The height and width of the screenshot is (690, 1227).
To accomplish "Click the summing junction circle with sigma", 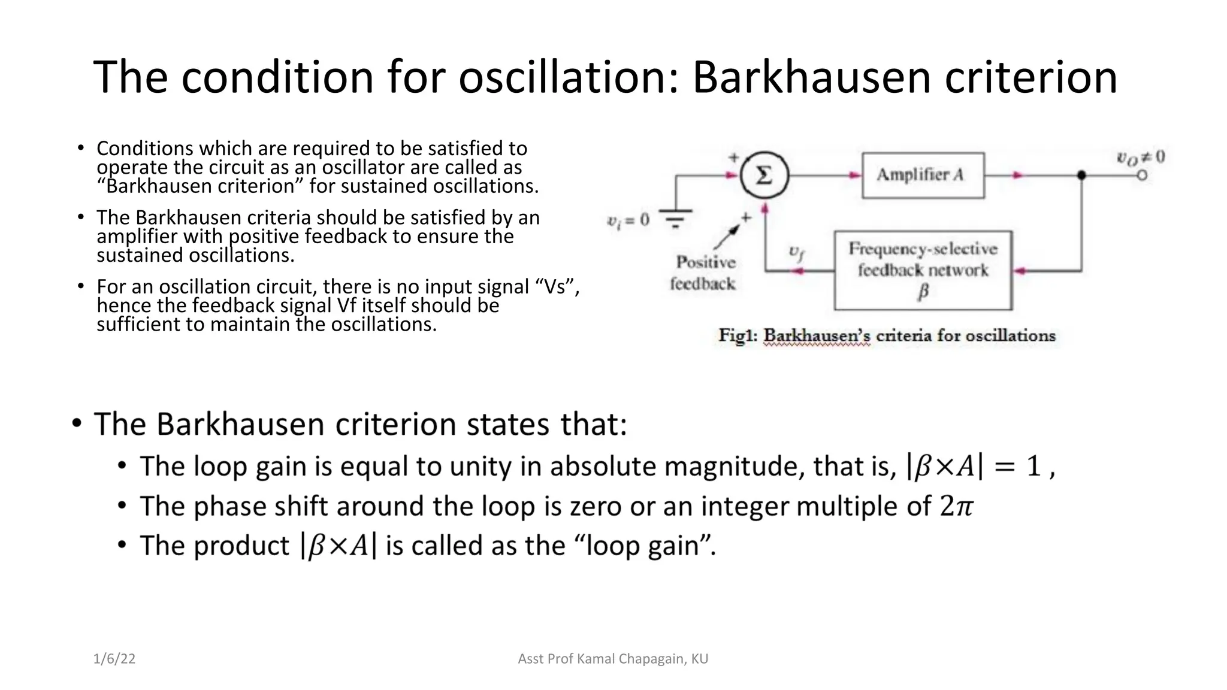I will pos(764,175).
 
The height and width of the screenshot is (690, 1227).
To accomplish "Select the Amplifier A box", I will pos(923,175).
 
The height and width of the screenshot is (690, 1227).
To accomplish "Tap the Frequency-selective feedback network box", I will pos(923,270).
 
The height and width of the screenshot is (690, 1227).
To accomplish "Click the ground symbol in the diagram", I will pos(675,219).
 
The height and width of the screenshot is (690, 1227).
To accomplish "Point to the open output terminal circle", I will pos(1142,175).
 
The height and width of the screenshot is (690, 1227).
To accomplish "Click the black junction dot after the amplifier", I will pos(1081,175).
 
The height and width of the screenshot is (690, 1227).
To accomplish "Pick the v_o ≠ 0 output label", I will pos(1140,158).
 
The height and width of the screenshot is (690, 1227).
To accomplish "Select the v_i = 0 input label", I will pos(628,220).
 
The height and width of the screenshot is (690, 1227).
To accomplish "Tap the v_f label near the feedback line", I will pos(796,252).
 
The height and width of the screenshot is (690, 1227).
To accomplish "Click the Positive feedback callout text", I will pos(703,273).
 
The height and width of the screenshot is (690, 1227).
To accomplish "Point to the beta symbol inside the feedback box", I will pos(923,292).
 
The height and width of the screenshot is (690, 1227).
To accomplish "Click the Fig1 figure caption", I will pos(887,335).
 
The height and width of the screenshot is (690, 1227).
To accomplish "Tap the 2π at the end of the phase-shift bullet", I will pos(956,506).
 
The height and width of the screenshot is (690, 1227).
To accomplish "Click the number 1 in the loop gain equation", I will pos(1033,466).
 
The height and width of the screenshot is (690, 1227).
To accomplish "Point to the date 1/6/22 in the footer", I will pos(114,659).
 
